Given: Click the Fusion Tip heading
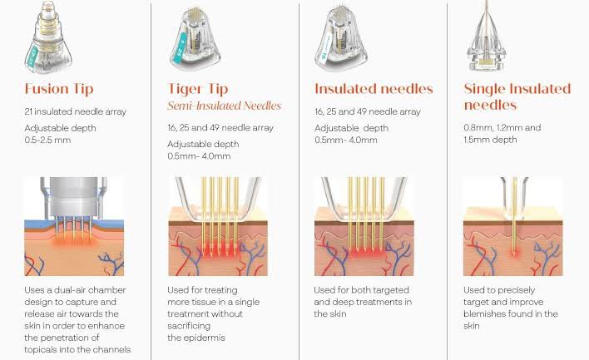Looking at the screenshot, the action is [59, 89].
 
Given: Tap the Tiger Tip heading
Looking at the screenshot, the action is [198, 89].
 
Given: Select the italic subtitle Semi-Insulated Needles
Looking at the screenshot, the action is [225, 106].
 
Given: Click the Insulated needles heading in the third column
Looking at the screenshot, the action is [374, 89].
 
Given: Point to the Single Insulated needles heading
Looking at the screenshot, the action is [517, 96].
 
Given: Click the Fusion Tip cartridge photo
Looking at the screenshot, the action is [48, 37].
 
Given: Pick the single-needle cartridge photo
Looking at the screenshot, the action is [487, 36].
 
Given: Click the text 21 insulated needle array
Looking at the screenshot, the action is [76, 111].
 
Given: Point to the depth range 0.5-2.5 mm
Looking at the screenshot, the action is [47, 140].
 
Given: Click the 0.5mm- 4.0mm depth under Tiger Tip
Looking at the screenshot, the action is [199, 156].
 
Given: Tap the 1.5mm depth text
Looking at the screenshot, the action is [490, 140].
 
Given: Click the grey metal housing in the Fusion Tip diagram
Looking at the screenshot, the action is [73, 197].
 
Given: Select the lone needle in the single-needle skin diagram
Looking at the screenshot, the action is [514, 217].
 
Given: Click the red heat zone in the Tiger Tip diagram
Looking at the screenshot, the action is [220, 249].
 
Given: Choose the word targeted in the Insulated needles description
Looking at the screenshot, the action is [390, 290].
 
